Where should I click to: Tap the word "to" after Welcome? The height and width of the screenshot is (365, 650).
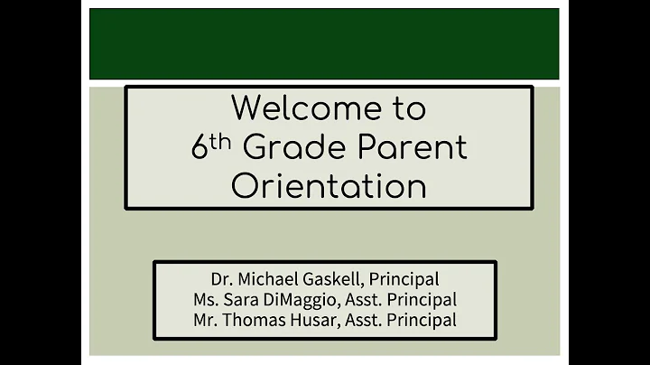point(406,108)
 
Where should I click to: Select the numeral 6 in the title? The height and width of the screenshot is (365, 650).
point(200,148)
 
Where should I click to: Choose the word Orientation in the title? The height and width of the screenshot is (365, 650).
point(329,186)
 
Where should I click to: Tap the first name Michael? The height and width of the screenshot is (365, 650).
point(268,279)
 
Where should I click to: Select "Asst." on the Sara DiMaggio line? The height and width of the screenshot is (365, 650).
point(365,299)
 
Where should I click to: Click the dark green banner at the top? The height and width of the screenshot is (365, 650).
point(324,43)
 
